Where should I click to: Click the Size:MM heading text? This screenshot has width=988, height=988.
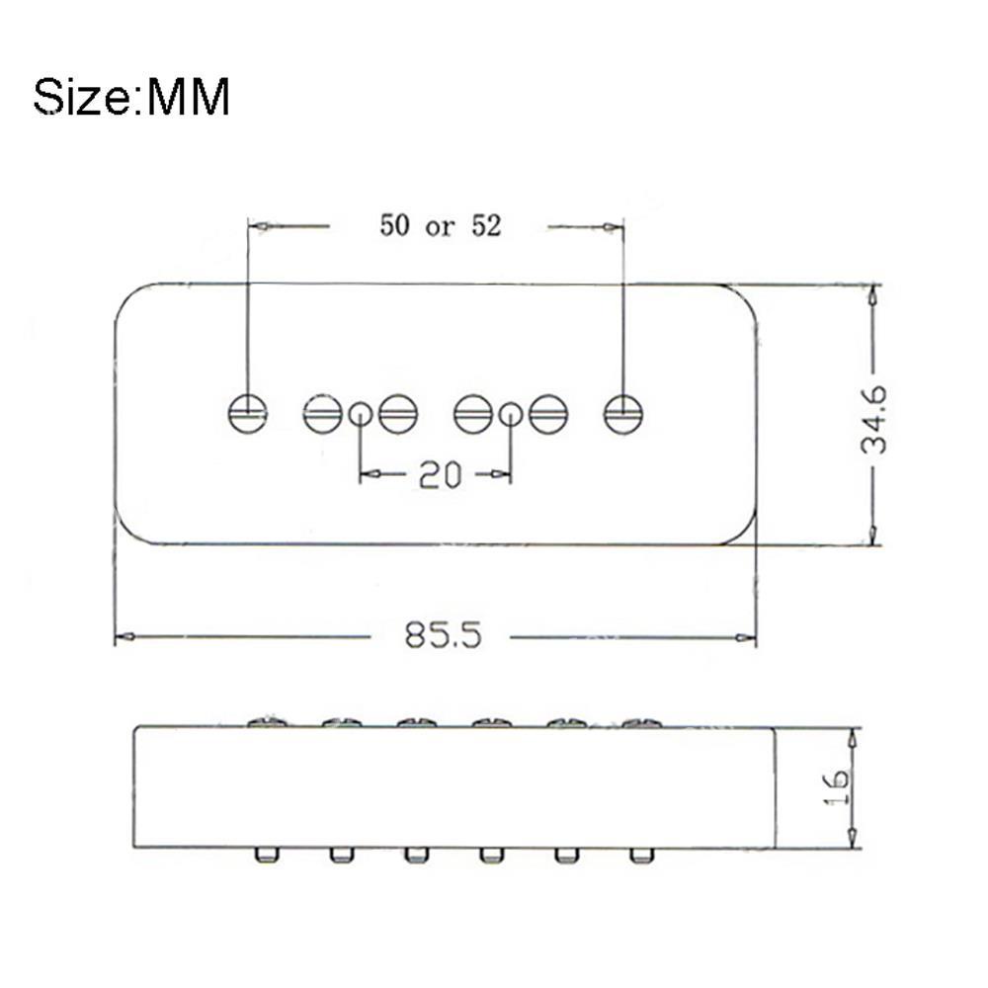point(131,98)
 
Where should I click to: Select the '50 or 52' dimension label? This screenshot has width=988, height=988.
point(441,226)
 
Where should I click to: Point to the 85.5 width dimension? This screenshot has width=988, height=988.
point(443,635)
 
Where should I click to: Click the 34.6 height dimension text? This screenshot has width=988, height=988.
point(873,419)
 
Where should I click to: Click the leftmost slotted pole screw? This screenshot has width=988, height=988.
point(247,413)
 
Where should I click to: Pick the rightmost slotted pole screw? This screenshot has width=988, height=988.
point(623,413)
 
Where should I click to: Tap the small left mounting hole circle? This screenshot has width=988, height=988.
point(361,414)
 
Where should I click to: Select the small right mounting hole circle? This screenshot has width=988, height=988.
point(510,414)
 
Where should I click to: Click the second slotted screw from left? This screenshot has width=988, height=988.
point(322,413)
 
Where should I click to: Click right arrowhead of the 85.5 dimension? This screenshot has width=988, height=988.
point(748,638)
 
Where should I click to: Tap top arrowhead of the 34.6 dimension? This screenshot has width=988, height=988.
point(871,293)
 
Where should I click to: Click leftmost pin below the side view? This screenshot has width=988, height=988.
point(265,854)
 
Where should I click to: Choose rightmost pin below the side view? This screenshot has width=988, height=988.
point(640,854)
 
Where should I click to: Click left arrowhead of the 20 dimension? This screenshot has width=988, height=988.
point(367,475)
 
